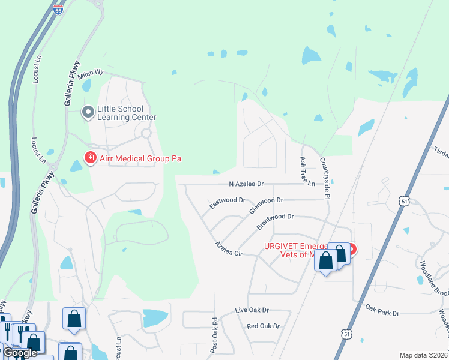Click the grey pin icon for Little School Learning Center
88,112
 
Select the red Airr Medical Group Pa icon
90,159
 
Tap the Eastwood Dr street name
228,203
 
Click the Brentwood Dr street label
275,221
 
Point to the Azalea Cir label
229,250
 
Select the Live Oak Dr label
252,311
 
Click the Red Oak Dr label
264,326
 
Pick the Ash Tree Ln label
306,172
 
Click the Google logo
20,353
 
